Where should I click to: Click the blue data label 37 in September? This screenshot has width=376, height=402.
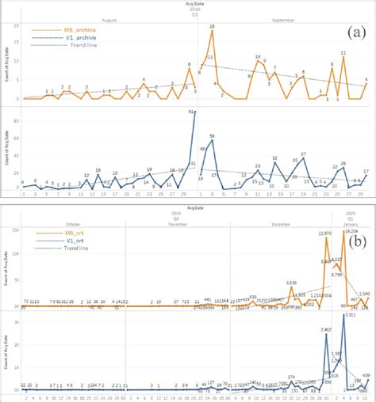coord(303,154)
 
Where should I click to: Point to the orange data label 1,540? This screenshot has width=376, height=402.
coord(364,294)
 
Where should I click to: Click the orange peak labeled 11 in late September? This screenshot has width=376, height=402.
coord(343,54)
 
